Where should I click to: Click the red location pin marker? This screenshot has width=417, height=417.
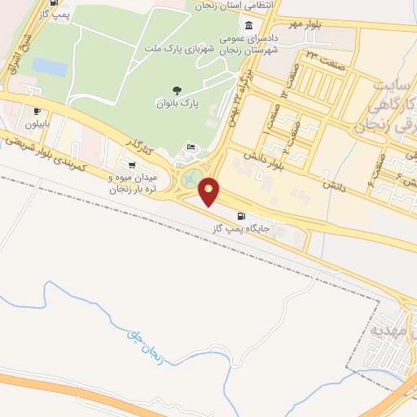tap(209, 191)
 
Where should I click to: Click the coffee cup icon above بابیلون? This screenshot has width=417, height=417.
tap(37, 111)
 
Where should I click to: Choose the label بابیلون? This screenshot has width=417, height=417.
tap(37, 124)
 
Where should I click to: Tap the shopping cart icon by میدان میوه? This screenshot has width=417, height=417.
tap(133, 165)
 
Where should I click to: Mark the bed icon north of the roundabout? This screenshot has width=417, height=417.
tap(190, 147)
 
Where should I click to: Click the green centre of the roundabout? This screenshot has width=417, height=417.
tap(192, 177)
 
